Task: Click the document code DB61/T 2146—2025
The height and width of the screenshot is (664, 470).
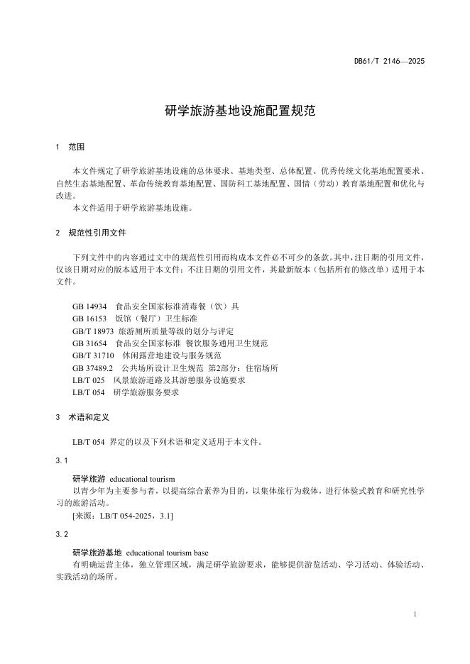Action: (x=389, y=62)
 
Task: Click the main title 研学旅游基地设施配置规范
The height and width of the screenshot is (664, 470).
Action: (x=235, y=111)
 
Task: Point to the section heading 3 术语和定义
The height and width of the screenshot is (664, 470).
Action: (x=82, y=418)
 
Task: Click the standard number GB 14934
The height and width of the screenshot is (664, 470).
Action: (x=89, y=306)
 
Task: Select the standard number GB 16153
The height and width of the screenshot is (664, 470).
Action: (x=89, y=319)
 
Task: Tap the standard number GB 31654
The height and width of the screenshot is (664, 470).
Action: (x=89, y=343)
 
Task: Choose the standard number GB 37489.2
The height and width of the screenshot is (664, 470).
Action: (x=92, y=367)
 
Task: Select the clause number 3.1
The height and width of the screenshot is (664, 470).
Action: (x=61, y=461)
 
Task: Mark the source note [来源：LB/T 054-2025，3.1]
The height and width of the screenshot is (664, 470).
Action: (x=123, y=516)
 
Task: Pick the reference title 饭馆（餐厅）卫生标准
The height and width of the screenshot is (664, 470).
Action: (x=156, y=319)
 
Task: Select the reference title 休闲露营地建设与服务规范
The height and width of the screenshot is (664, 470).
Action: (x=172, y=355)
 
